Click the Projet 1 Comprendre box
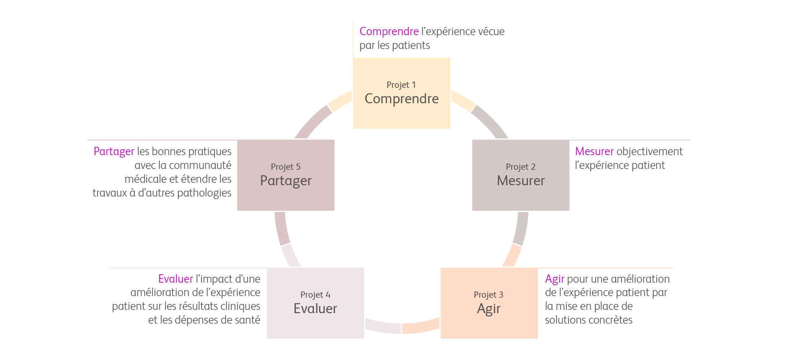(x=401, y=93)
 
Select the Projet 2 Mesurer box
(x=520, y=175)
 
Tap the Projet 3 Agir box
(x=489, y=303)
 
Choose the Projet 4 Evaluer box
(x=315, y=303)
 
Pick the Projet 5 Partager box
(x=286, y=175)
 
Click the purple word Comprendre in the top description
(x=389, y=31)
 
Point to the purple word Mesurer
(x=594, y=151)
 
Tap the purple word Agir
(x=554, y=279)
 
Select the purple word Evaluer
(x=176, y=279)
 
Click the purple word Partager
(x=114, y=151)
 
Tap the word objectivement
(x=649, y=151)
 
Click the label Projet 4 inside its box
(x=315, y=295)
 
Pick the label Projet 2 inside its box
(x=520, y=167)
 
